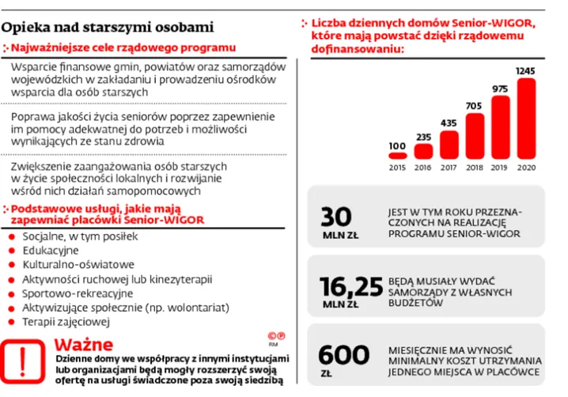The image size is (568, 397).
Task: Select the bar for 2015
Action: point(398,157)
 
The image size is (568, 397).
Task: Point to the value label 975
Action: point(500,89)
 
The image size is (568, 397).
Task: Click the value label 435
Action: point(449,123)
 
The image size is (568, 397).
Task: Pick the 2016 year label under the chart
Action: point(423,168)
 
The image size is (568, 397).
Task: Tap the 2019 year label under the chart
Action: point(500,168)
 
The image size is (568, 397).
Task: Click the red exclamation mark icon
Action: point(24,361)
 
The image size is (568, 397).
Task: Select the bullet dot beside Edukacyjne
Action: point(9,251)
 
